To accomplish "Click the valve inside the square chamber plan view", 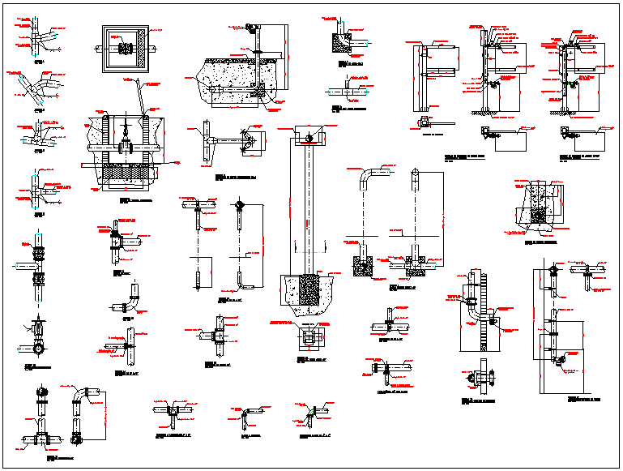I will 126,49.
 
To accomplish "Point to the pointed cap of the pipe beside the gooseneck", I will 416,172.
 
